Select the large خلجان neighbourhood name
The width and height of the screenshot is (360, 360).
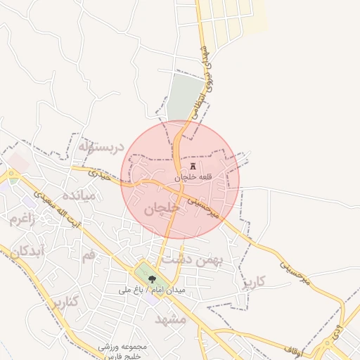(x=161, y=209)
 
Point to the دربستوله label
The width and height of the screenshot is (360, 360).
(x=101, y=147)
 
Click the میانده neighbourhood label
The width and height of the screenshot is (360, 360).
(x=79, y=195)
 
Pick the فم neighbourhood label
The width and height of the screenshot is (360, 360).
(x=88, y=255)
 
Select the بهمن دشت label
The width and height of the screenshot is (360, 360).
(x=193, y=259)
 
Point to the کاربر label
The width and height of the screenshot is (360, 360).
(x=254, y=283)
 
